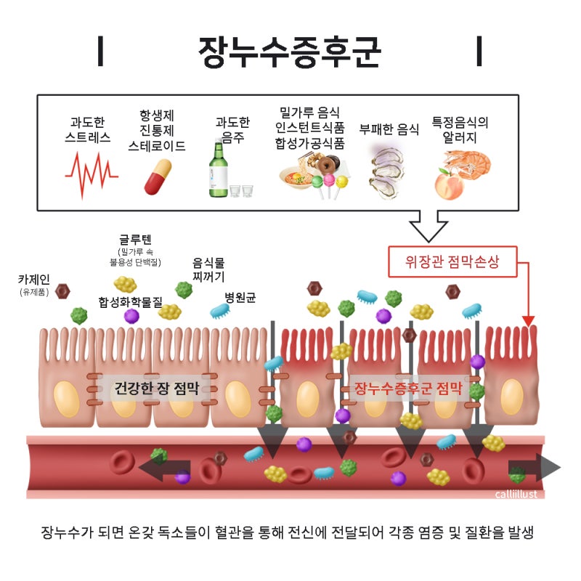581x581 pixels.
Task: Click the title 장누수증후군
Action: (289, 52)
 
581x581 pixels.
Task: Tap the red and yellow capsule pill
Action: (158, 177)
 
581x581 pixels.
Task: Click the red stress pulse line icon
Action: (92, 174)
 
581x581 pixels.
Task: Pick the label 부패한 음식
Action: (389, 129)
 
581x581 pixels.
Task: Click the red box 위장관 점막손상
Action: (452, 261)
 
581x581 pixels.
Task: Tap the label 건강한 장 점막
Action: (156, 388)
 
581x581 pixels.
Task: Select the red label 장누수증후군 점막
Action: (408, 388)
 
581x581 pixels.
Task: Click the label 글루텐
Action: (135, 240)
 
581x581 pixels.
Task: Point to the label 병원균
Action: (240, 297)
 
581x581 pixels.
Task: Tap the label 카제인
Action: (33, 280)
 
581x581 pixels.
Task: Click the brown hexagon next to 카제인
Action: (62, 292)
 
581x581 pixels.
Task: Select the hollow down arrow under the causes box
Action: (428, 226)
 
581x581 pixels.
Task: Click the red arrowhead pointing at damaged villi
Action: (529, 321)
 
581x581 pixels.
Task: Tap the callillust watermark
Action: (516, 495)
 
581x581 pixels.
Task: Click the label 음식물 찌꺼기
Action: (208, 269)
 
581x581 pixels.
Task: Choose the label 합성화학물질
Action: (131, 302)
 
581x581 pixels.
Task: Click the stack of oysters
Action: (386, 172)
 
